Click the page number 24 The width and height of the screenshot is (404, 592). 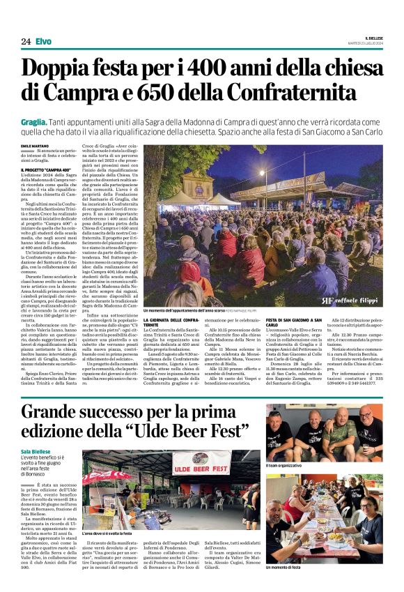pyautogui.click(x=26, y=42)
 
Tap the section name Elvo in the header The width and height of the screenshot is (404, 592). pyautogui.click(x=43, y=42)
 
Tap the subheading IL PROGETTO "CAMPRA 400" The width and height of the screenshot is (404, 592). pyautogui.click(x=46, y=169)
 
